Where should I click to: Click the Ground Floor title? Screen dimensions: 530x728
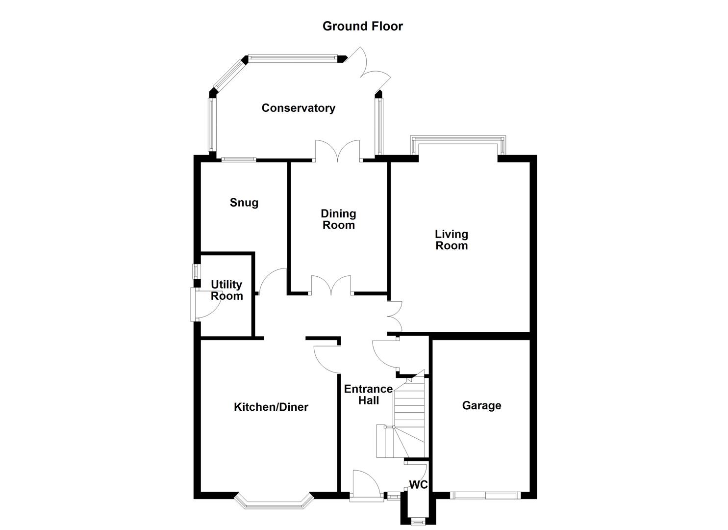point(362,26)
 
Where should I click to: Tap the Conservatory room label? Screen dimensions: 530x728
point(298,108)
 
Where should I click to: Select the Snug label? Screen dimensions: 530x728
point(244,203)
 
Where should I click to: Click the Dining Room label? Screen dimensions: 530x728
point(338,219)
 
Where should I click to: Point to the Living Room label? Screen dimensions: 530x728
point(452,240)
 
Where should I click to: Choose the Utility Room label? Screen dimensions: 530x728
point(226,290)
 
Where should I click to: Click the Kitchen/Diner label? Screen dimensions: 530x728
point(271,407)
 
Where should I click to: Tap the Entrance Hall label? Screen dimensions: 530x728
point(368,395)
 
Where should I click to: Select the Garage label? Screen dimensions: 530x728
point(481,405)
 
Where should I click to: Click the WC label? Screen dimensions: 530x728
point(418,485)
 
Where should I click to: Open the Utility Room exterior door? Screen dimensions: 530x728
point(201,305)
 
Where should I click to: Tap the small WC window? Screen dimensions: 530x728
point(418,521)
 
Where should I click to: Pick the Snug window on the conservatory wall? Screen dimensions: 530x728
point(238,159)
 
